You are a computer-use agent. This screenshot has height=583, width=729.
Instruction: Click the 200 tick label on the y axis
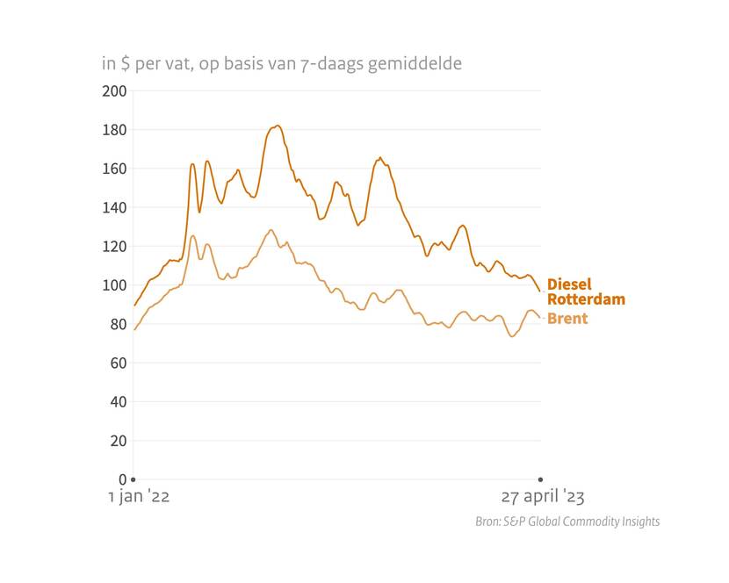click(116, 91)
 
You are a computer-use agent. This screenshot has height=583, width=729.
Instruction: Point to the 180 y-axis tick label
click(116, 130)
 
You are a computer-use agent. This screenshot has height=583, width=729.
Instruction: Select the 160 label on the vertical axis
click(116, 169)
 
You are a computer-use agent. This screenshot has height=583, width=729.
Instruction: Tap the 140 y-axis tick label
click(116, 208)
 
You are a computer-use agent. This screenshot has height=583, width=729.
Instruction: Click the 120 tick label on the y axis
click(116, 247)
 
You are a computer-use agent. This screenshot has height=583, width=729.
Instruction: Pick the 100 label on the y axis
click(116, 285)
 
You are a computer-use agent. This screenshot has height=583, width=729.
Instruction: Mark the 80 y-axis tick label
click(119, 324)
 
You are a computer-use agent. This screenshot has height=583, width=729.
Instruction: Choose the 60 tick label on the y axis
click(119, 363)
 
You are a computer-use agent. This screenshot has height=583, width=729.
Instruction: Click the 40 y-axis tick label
click(119, 402)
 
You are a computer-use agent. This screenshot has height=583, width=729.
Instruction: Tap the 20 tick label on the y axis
click(119, 441)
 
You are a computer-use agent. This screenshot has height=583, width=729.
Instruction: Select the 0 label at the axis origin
click(123, 479)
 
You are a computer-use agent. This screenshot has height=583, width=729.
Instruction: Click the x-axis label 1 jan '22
click(139, 497)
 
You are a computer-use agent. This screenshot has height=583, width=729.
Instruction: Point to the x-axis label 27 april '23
click(542, 497)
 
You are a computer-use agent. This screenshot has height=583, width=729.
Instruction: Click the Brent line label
click(567, 319)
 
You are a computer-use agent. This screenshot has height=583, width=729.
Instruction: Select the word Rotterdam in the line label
click(586, 299)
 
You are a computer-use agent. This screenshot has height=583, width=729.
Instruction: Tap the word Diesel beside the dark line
click(569, 284)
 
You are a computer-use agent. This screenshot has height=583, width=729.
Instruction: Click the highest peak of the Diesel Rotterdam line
click(277, 126)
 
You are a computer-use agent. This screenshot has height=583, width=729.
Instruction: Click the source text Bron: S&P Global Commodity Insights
click(567, 522)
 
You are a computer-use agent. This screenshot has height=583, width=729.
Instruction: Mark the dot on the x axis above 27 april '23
click(540, 479)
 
